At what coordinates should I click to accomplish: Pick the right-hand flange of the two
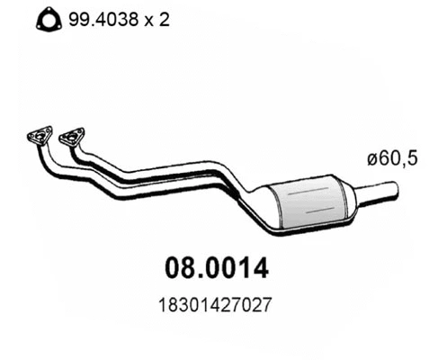(x=71, y=138)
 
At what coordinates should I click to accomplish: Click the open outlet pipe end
(x=394, y=190)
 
